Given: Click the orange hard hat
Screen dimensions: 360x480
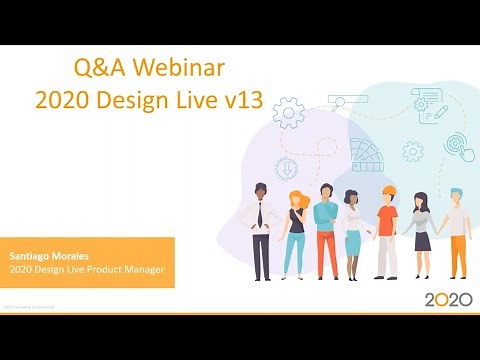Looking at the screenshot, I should click(x=387, y=189).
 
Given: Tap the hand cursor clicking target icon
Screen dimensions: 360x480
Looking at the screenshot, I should click(x=459, y=146).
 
